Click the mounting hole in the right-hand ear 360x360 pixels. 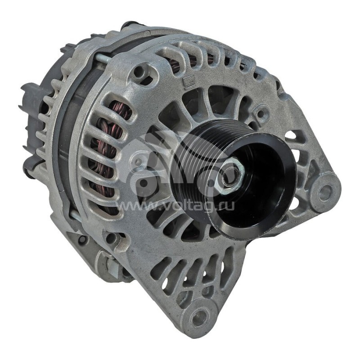click(325, 193)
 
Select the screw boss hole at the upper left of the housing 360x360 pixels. click(143, 72)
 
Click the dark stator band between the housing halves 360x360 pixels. click(67, 135)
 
